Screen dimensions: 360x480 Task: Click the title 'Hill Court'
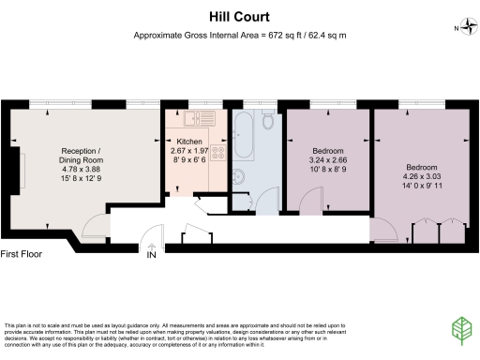[240, 16]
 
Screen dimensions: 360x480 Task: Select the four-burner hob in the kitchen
[219, 151]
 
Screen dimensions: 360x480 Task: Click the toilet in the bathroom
[267, 122]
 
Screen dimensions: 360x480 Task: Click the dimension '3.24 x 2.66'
[327, 161]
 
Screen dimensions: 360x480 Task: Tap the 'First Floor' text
[24, 254]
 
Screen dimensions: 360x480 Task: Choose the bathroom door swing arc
[268, 199]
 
